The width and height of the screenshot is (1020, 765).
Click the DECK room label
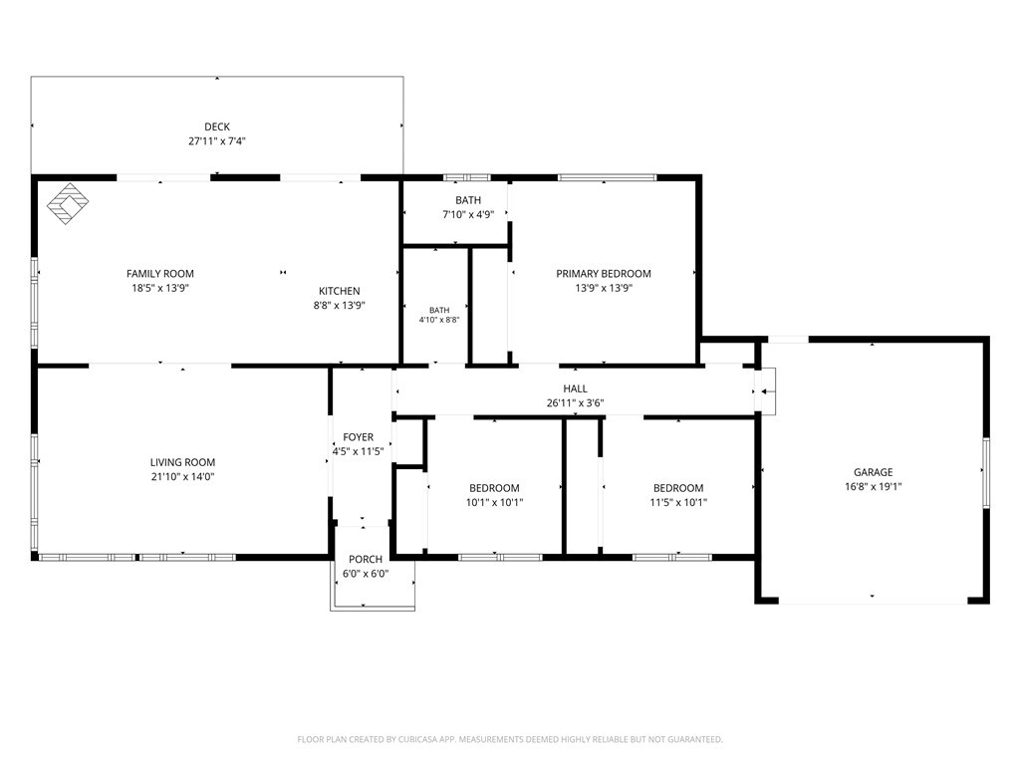(x=217, y=127)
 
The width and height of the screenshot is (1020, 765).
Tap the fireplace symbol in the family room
(x=68, y=203)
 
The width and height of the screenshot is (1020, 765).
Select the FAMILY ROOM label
(x=160, y=274)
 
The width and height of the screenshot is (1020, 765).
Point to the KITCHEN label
(x=339, y=291)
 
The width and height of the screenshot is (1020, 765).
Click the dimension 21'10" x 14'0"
(x=183, y=477)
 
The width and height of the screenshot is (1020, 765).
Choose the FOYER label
(x=359, y=437)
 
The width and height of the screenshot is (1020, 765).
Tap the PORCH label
(x=366, y=559)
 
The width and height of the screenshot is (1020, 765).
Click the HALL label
(x=575, y=388)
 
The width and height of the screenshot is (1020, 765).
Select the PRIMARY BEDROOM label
(x=604, y=274)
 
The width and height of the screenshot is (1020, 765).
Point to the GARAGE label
(x=873, y=472)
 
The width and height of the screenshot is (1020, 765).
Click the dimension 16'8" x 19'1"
(x=873, y=486)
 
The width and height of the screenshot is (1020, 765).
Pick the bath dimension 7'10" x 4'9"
(x=468, y=215)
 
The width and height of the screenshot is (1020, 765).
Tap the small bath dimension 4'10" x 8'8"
(x=439, y=320)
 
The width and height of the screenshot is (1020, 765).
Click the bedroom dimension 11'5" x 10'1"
(x=678, y=502)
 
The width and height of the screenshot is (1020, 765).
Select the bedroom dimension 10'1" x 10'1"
(x=494, y=502)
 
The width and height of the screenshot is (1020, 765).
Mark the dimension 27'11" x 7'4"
(x=217, y=141)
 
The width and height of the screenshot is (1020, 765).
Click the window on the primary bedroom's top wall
(x=607, y=177)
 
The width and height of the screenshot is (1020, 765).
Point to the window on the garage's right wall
(x=986, y=472)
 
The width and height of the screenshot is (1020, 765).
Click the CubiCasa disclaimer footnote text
(x=510, y=740)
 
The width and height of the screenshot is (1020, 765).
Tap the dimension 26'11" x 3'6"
(x=575, y=403)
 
